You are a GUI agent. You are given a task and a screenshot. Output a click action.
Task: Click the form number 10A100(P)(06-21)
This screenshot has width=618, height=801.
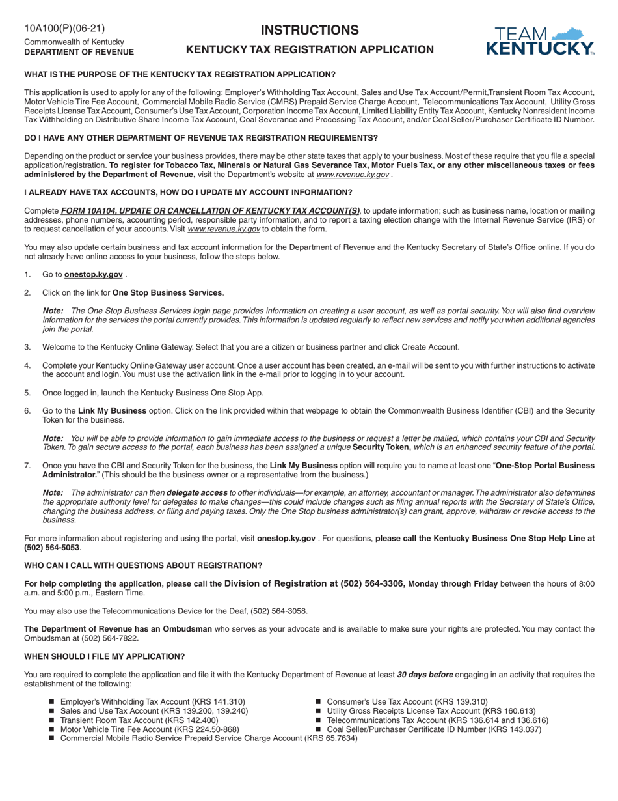(64, 28)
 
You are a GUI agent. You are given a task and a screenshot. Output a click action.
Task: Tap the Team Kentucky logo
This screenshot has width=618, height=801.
(540, 41)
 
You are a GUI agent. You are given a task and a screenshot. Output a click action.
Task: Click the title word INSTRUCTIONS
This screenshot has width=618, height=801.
(310, 30)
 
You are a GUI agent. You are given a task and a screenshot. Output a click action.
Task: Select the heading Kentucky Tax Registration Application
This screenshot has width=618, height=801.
(310, 49)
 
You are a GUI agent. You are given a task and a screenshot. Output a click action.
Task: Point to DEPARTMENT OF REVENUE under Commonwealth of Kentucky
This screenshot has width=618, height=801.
(79, 52)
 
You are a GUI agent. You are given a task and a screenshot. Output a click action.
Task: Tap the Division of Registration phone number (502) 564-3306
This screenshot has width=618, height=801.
(373, 583)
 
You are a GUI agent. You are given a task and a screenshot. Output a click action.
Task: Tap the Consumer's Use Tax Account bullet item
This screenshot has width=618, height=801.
(407, 701)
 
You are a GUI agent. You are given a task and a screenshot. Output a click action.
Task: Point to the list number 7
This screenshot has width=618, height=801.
(27, 466)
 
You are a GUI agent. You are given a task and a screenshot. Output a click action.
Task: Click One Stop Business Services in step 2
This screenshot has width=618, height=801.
(168, 292)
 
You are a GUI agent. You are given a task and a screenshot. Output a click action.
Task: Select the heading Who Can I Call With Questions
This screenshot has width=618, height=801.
(143, 565)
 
